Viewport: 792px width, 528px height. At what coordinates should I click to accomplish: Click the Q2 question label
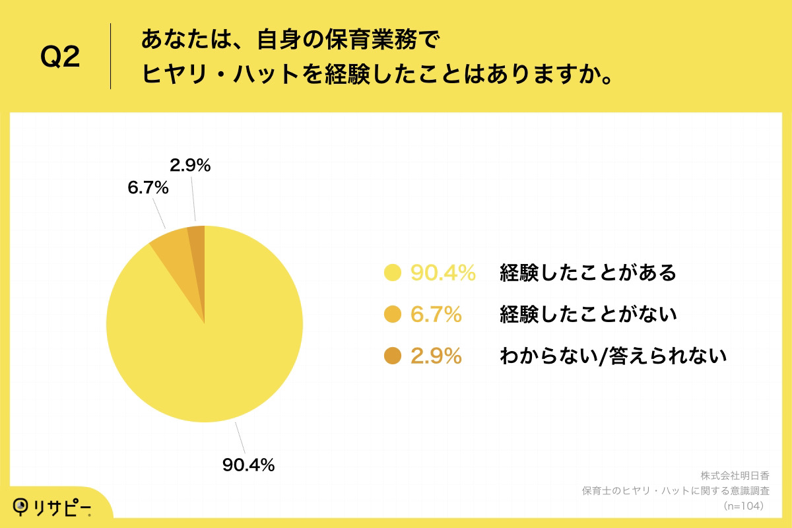pyautogui.click(x=60, y=58)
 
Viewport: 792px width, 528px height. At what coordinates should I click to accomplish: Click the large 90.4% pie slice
pyautogui.click(x=205, y=356)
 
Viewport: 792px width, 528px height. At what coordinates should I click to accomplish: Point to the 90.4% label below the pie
pyautogui.click(x=248, y=465)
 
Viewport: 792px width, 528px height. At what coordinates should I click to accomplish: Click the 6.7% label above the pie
pyautogui.click(x=148, y=188)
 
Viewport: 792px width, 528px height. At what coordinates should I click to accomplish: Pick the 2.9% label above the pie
pyautogui.click(x=189, y=166)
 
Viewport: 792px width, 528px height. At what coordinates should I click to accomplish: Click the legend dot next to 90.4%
pyautogui.click(x=393, y=273)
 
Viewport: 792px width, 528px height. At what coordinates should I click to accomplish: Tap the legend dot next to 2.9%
pyautogui.click(x=393, y=356)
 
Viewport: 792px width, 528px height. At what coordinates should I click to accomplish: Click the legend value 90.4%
pyautogui.click(x=443, y=273)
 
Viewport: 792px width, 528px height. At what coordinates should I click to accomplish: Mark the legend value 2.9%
pyautogui.click(x=436, y=356)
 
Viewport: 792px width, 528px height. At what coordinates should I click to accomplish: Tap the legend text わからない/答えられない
pyautogui.click(x=613, y=356)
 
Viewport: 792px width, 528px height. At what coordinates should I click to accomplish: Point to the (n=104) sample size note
pyautogui.click(x=744, y=506)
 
